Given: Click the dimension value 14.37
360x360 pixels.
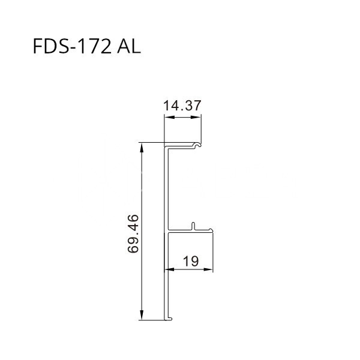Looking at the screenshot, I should (x=182, y=106).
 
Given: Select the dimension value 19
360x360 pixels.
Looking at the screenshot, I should (x=190, y=261).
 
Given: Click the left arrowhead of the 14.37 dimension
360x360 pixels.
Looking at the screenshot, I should (x=169, y=118).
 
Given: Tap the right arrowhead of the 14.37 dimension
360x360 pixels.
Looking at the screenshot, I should (x=197, y=118).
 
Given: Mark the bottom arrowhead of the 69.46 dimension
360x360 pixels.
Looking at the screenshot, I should (x=142, y=316).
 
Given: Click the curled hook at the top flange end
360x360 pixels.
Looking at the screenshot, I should (x=196, y=145).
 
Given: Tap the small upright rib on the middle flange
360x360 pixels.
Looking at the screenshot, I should (x=193, y=226).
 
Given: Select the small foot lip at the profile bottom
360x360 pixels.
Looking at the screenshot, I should (x=171, y=317).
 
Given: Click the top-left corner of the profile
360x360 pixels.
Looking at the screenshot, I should (x=166, y=143).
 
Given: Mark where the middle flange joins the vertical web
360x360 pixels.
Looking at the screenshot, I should (x=168, y=231).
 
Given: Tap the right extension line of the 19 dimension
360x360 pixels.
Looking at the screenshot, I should (x=214, y=252).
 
